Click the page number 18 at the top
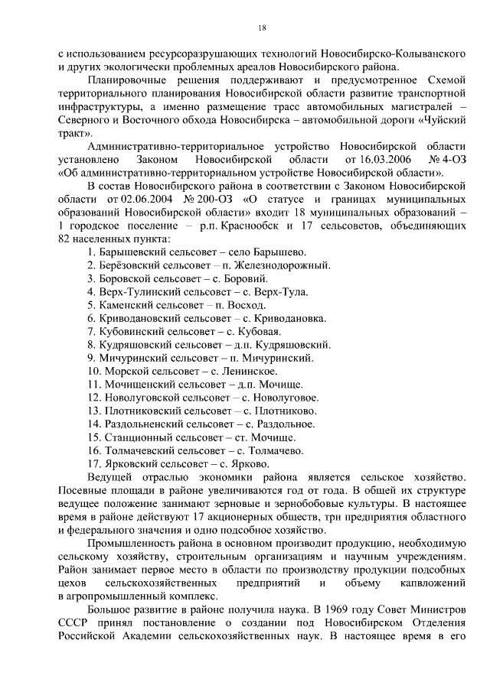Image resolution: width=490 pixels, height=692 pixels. tap(261, 28)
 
